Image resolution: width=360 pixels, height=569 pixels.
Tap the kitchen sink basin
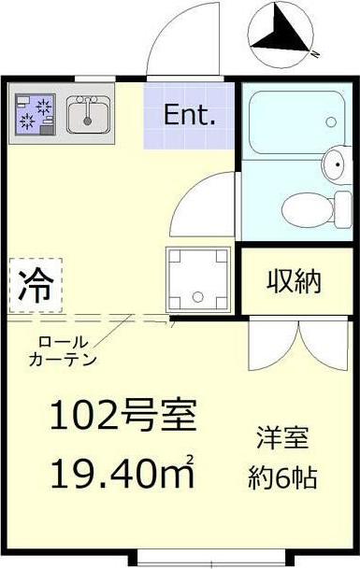coord(88,114)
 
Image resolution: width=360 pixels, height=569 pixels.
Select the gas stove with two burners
coord(36,114)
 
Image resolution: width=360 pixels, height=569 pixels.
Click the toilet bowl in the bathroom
coord(308,209)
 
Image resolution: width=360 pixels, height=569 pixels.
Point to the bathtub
coord(297,122)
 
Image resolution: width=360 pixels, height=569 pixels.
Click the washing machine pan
coord(198,278)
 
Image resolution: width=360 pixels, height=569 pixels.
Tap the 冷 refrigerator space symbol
coord(36,285)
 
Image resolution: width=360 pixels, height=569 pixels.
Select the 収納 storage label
coord(295,281)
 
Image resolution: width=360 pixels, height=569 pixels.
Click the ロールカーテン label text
coord(63,351)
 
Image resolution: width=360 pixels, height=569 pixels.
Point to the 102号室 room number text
coord(123,415)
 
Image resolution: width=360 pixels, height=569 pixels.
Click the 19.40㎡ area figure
coord(122,472)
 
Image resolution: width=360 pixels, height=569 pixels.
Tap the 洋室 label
coord(283,437)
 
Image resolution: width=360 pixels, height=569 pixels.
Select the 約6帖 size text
coord(283,477)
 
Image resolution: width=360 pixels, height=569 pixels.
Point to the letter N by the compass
coord(315,54)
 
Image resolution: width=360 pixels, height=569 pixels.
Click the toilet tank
coord(344,209)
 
